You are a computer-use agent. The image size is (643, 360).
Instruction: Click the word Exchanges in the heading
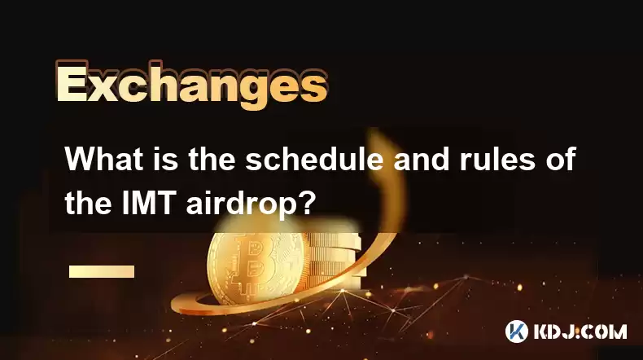click(192, 86)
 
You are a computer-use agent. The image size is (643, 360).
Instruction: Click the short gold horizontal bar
click(102, 271)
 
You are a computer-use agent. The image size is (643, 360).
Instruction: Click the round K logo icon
click(517, 331)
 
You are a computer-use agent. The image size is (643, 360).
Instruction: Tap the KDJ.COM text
click(580, 331)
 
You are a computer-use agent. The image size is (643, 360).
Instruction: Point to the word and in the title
click(422, 160)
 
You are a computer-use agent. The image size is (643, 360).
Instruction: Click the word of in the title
click(561, 160)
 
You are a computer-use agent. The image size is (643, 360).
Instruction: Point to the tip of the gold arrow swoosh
click(372, 130)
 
